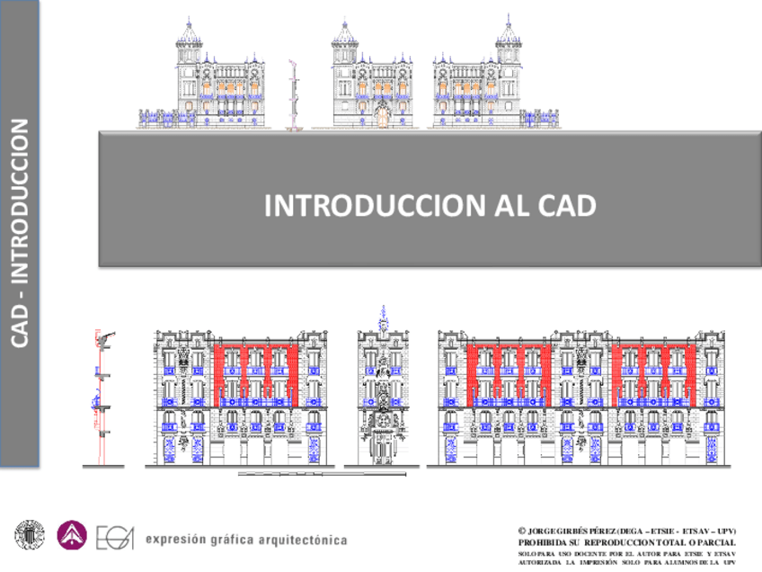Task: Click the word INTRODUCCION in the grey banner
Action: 376,206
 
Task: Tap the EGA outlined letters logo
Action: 115,537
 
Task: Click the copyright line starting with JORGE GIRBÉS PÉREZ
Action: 629,532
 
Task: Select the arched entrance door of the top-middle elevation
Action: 383,115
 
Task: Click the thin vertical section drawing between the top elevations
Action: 292,94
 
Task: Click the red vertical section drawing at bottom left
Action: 102,396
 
